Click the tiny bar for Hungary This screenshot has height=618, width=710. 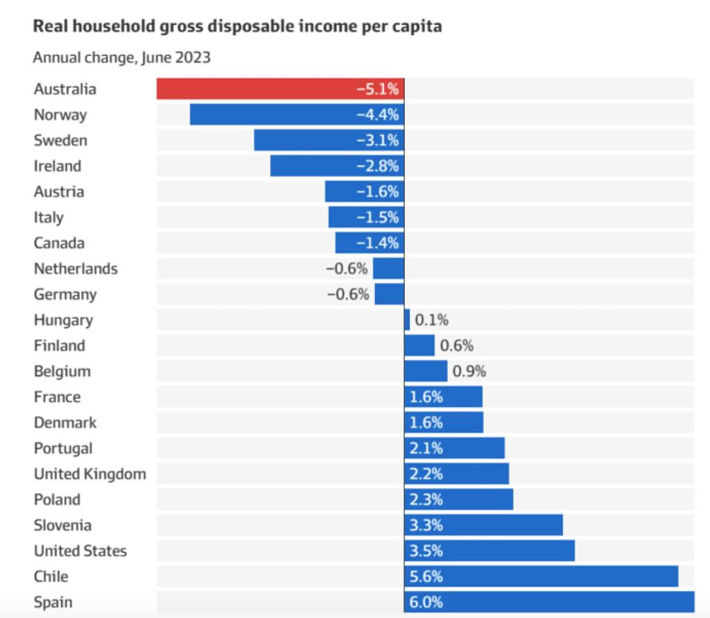407,320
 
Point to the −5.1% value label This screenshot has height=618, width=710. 378,89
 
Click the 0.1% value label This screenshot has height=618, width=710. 432,320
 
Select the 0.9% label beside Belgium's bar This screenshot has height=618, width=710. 469,371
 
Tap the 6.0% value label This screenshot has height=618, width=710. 426,602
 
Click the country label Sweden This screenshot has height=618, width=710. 60,140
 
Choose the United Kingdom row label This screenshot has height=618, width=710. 89,474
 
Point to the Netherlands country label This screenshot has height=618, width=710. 76,268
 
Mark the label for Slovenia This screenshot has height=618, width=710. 62,525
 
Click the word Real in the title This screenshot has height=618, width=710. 49,27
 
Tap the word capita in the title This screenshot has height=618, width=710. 419,27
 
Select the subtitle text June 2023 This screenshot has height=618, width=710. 175,58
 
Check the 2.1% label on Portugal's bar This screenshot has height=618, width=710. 426,448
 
